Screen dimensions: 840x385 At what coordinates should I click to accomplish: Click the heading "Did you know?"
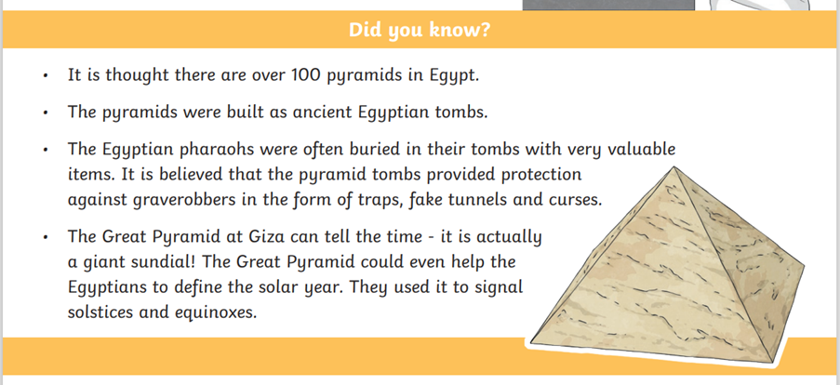pos(420,30)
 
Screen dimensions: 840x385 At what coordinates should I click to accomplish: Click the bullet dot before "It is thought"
pos(47,76)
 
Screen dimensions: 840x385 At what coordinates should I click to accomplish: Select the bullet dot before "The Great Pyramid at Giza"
pos(47,237)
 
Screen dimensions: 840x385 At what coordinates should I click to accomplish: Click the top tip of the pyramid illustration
pos(673,166)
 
